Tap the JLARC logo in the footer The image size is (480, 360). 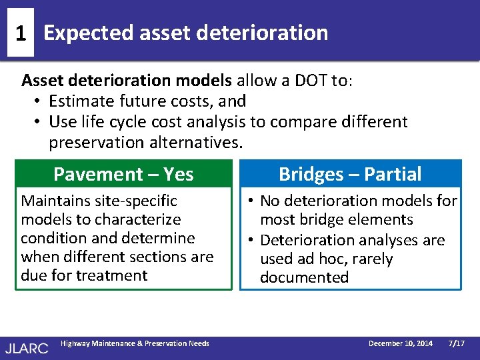[27, 347]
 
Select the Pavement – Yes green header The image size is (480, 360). [123, 174]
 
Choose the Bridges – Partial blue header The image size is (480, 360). [350, 174]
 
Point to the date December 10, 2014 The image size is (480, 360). [401, 343]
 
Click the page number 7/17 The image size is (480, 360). [457, 343]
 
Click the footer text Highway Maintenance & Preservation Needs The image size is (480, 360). [135, 343]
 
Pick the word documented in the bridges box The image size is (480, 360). [304, 278]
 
